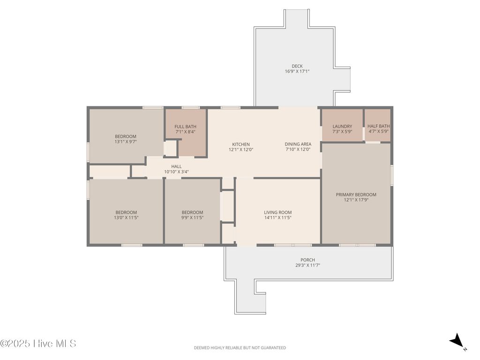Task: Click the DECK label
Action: (x=297, y=66)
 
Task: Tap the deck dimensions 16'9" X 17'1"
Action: (x=297, y=71)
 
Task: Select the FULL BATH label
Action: (x=185, y=127)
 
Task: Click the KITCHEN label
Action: (x=241, y=144)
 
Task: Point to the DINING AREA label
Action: (x=298, y=144)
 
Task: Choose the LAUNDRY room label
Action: (x=342, y=126)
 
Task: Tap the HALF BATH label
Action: (x=378, y=126)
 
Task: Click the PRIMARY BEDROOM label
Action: (x=356, y=195)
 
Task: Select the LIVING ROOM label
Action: (x=277, y=212)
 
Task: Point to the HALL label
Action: (x=176, y=166)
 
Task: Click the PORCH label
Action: (x=307, y=260)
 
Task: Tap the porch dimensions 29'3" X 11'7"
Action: (x=307, y=265)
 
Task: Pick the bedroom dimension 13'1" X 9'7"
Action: (x=126, y=142)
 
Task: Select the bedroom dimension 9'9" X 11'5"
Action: (x=192, y=217)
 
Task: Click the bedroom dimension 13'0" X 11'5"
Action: (x=126, y=217)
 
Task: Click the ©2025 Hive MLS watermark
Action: (x=38, y=344)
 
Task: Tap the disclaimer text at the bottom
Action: (x=240, y=348)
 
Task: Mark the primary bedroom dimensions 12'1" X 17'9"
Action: (x=356, y=200)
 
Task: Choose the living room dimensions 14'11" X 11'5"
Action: (x=277, y=217)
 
